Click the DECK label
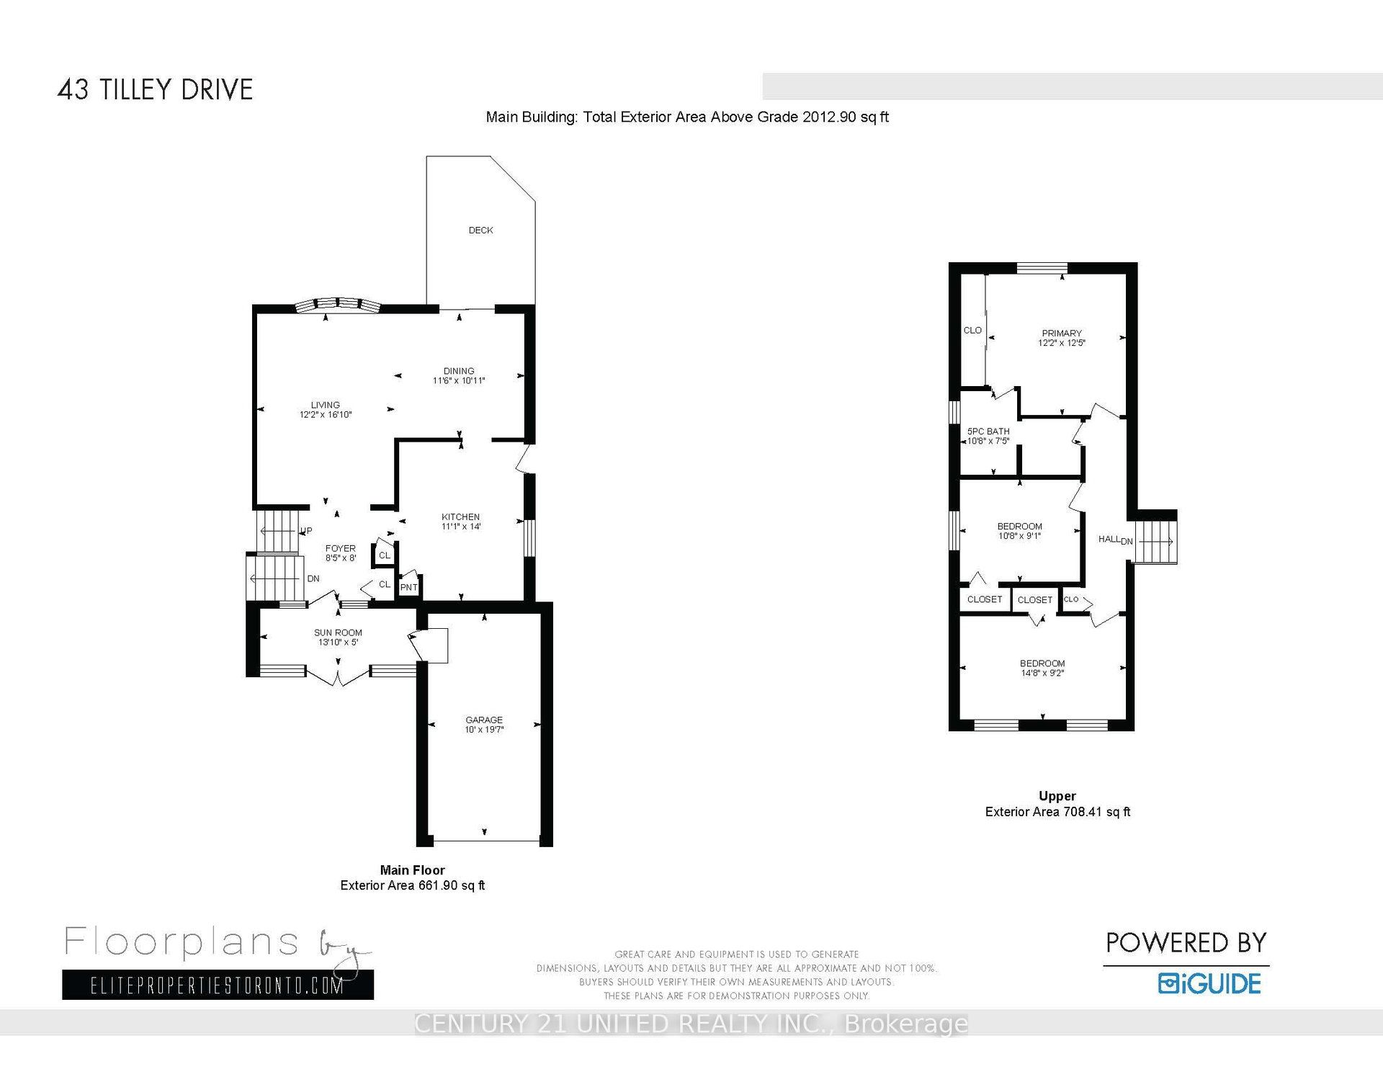(480, 231)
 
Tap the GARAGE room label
(484, 720)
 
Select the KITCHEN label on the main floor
(460, 516)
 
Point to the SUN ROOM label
(338, 632)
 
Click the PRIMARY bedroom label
(1062, 334)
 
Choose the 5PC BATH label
(988, 431)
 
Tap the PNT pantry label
(408, 587)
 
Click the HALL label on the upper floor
(1109, 539)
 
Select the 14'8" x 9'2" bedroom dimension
(1042, 674)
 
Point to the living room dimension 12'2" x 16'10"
(326, 415)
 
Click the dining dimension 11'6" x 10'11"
(459, 380)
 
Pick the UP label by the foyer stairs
(306, 531)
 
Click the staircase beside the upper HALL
(1156, 537)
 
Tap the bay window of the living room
(337, 305)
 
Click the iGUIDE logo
(1209, 983)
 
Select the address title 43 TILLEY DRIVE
(155, 89)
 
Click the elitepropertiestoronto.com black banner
(218, 985)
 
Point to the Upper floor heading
(1057, 796)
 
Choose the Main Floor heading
(412, 870)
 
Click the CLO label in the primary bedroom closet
(972, 331)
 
